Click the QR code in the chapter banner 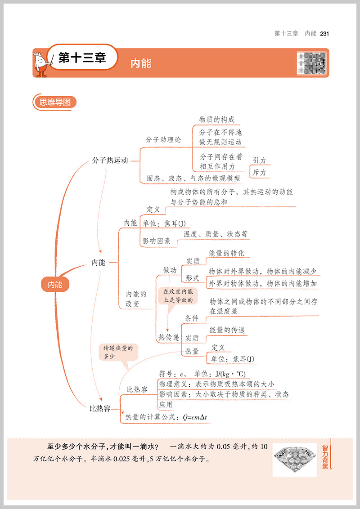tap(311, 63)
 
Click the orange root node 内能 tap(56, 284)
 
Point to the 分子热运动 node tap(110, 161)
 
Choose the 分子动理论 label tap(163, 140)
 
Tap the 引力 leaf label tap(259, 161)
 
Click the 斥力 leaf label tap(259, 172)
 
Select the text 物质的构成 tap(217, 120)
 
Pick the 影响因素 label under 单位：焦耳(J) tap(157, 241)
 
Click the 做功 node tap(170, 270)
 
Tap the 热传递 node tap(168, 337)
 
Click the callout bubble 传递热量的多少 tap(119, 352)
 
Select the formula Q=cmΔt tap(195, 417)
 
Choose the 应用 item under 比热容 tap(166, 405)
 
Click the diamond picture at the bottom tap(295, 459)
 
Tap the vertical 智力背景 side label tap(325, 457)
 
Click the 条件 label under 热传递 tap(192, 318)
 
